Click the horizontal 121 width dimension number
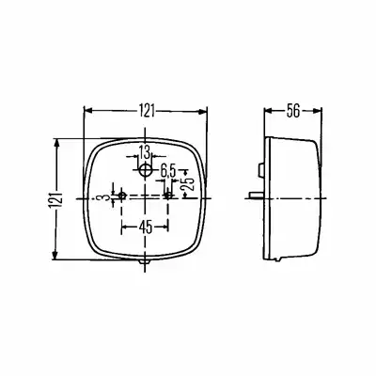pos(147,111)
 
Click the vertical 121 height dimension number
pos(56,200)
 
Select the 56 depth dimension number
pos(293,111)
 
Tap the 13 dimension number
pos(145,153)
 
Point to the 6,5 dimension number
pos(169,171)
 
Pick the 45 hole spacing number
pos(146,227)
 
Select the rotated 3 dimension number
pos(106,197)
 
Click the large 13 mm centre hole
pos(145,170)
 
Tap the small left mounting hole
pos(122,196)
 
